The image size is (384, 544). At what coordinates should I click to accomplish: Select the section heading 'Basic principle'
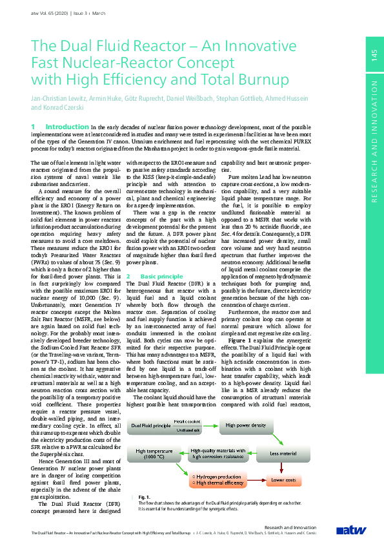click(x=158, y=276)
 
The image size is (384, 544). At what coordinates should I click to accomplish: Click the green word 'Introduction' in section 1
click(x=67, y=127)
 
